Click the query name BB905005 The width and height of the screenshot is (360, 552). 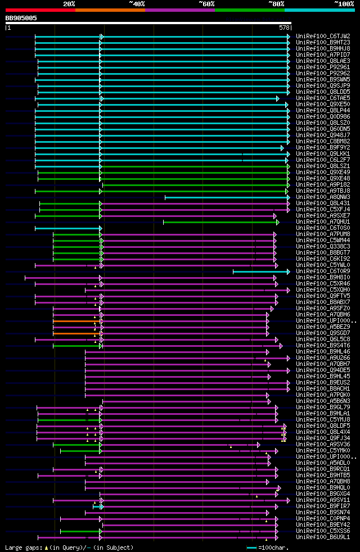[21, 18]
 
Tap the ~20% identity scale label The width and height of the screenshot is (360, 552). [69, 3]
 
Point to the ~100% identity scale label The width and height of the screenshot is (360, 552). [344, 3]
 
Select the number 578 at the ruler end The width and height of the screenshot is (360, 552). [284, 27]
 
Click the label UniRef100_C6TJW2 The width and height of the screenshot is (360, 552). [322, 36]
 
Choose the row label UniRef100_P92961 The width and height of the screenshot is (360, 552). [322, 67]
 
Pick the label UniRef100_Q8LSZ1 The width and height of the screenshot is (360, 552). [322, 166]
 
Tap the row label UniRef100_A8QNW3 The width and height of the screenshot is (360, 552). [322, 197]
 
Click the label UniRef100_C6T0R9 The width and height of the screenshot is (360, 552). [322, 271]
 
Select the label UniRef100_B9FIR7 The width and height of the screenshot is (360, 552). [322, 506]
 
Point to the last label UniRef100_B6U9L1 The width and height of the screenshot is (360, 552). [322, 537]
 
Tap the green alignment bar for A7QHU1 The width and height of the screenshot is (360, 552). [220, 222]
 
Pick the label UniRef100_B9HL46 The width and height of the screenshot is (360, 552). [322, 351]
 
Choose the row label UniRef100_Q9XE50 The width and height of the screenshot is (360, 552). [322, 104]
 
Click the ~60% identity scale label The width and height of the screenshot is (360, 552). [206, 3]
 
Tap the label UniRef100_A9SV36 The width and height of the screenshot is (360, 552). [322, 444]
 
